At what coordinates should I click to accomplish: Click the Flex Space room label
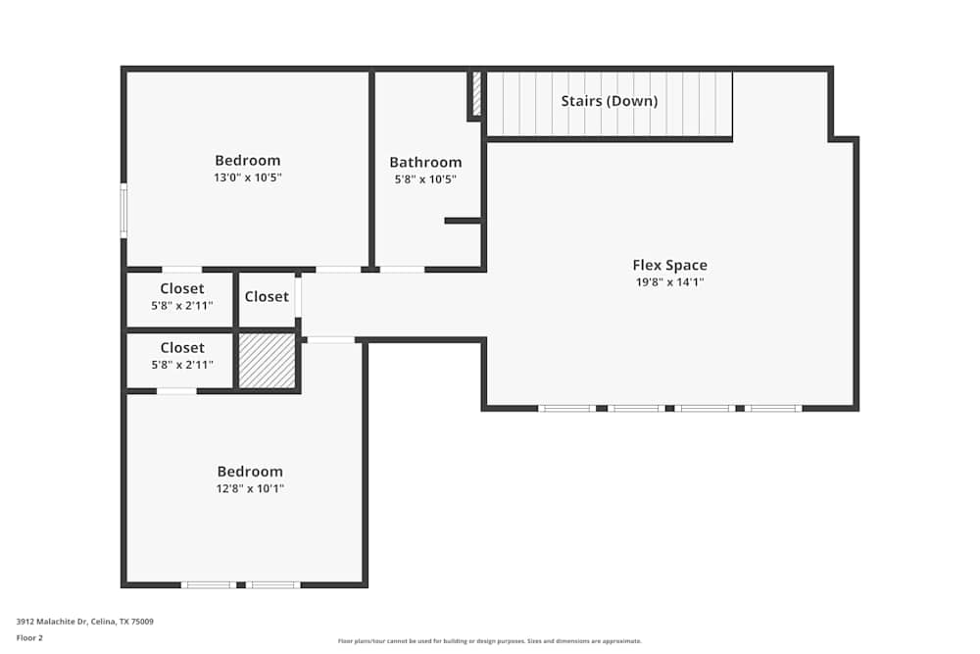click(669, 265)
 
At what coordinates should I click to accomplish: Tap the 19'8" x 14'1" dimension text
click(669, 282)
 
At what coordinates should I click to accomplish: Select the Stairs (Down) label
click(609, 101)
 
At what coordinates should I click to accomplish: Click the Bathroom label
click(425, 163)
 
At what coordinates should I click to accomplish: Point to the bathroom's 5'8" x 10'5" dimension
click(425, 179)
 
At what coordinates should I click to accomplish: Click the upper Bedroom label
click(248, 161)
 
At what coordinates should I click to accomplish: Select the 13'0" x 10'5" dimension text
click(248, 177)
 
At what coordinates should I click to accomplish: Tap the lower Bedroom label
click(250, 472)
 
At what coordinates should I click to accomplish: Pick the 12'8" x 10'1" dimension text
click(250, 488)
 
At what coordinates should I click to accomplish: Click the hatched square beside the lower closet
click(268, 361)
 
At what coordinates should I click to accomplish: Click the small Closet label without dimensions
click(267, 297)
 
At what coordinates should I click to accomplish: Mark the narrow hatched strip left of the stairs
click(477, 93)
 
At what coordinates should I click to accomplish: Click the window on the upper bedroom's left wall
click(123, 210)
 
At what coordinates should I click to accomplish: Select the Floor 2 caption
click(29, 637)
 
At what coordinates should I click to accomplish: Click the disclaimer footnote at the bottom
click(490, 641)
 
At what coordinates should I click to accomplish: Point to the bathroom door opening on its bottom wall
click(402, 269)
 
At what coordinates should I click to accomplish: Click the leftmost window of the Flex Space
click(566, 408)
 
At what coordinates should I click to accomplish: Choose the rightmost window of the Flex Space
click(773, 408)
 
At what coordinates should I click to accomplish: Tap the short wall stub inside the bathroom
click(463, 221)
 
